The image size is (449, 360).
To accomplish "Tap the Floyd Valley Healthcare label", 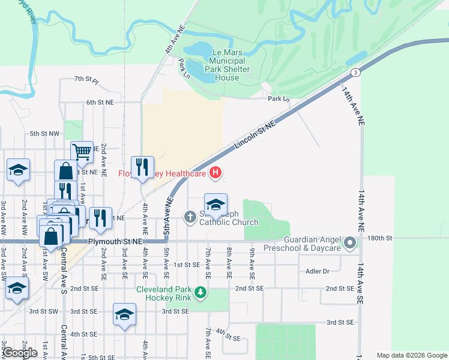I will (x=161, y=174).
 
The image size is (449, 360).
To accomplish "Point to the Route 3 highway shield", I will (x=356, y=73).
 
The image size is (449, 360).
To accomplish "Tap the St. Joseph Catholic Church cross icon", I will (x=190, y=216).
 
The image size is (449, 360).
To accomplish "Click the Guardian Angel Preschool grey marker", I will (x=350, y=243).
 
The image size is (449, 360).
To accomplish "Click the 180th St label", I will (x=379, y=238).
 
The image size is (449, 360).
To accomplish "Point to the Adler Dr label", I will (x=318, y=271).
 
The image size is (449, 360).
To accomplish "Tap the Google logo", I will (x=20, y=353).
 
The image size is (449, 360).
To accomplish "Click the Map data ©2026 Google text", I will (x=411, y=355).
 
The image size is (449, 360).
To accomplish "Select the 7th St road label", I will (x=86, y=79).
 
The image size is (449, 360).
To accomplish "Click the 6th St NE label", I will (x=100, y=103).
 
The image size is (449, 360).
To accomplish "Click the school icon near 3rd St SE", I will (x=124, y=314).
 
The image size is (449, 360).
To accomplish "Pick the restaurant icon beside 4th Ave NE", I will (x=142, y=167).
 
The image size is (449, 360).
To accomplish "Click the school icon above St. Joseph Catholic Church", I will (x=215, y=204).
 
